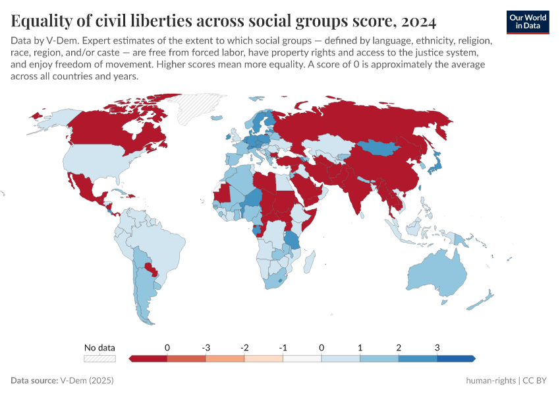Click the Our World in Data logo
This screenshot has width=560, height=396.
pos(527,22)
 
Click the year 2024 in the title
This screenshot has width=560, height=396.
pos(418,22)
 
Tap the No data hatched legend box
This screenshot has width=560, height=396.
pos(99,358)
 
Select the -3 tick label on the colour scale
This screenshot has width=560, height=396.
pos(206,348)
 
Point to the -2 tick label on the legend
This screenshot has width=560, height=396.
pos(244,348)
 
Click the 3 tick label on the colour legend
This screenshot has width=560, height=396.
pos(437,348)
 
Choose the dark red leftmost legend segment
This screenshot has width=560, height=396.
pos(148,358)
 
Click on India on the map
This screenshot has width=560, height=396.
pos(356,194)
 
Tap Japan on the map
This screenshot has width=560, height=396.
pos(437,162)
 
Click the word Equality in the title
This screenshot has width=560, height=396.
pos(42,22)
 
